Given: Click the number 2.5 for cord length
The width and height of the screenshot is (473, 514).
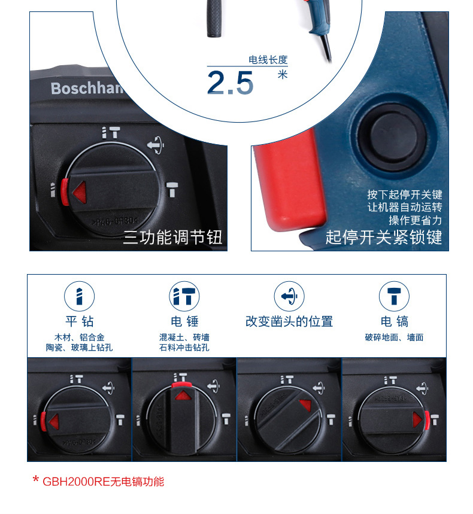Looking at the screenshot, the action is click(x=231, y=83).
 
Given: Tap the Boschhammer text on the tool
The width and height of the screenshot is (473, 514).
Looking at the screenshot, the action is click(x=87, y=88).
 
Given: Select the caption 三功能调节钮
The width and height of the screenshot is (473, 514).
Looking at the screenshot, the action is click(x=172, y=237).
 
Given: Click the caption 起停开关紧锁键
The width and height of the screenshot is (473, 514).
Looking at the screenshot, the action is click(x=384, y=237).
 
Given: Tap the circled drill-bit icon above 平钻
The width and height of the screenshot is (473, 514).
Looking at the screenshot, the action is click(x=80, y=296).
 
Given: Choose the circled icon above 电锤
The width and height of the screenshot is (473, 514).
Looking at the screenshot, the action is click(x=184, y=296).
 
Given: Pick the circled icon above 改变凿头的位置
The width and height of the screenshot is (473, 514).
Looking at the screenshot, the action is click(x=289, y=296).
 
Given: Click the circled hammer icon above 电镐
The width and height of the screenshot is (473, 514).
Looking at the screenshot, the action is click(x=394, y=296).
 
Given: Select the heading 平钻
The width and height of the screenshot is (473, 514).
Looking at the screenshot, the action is click(x=80, y=321).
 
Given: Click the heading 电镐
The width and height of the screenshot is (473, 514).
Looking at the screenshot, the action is click(x=395, y=321).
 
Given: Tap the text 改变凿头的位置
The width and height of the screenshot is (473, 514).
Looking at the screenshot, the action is click(x=289, y=321).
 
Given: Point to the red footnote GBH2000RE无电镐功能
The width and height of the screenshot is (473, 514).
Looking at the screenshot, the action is click(x=98, y=481).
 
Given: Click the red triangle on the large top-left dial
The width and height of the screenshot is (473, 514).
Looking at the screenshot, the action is click(x=80, y=192).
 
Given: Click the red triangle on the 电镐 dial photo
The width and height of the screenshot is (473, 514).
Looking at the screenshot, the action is click(x=417, y=420).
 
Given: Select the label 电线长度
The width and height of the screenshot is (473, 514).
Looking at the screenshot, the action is click(x=268, y=60).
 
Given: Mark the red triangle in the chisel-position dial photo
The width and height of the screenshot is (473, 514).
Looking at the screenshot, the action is click(x=305, y=405).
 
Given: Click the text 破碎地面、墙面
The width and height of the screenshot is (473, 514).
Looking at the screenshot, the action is click(x=394, y=337).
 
